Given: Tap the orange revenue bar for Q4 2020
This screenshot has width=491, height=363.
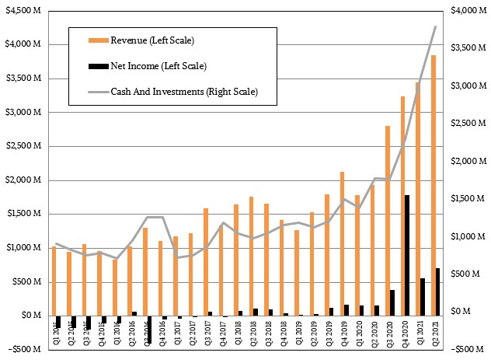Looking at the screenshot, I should tap(402, 206).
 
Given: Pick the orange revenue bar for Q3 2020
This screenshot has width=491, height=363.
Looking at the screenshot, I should tap(387, 221).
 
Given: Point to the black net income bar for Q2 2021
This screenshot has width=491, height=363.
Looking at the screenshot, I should tap(438, 292).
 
